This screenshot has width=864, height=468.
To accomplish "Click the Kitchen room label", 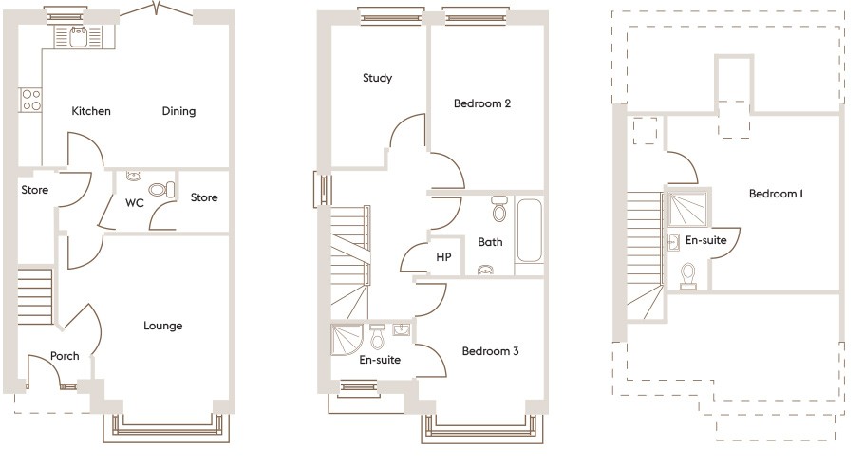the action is coord(91,111).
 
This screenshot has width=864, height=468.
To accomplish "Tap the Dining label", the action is coord(178,111).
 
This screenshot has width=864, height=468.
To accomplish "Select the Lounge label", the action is coord(162,326).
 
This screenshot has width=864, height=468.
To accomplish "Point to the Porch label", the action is coord(65,356).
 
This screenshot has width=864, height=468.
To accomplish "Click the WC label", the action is coord(135,203).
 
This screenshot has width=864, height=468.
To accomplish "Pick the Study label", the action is coord(378,78).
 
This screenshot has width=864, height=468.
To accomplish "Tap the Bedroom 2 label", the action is coord(482,103).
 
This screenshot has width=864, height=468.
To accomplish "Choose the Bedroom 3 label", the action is coord(491,351).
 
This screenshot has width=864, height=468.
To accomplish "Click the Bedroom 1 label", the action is coord(776,194).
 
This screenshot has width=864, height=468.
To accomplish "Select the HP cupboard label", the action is coord(443,257).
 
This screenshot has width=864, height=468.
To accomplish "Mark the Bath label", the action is coord(490,242).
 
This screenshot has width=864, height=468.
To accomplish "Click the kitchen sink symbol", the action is coord(78,36).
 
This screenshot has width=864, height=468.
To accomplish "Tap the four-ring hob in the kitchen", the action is coord(30,101).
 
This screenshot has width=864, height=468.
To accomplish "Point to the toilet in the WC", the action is coord(161,190).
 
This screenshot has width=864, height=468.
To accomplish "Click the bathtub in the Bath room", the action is coord(530,231).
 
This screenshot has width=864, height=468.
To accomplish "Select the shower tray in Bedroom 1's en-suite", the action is coord(687,209).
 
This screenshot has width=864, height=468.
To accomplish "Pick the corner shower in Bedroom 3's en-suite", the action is coord(347,339).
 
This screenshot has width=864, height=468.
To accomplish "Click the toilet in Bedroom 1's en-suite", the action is coord(687,275).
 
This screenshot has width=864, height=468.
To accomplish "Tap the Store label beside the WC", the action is coord(204,197).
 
